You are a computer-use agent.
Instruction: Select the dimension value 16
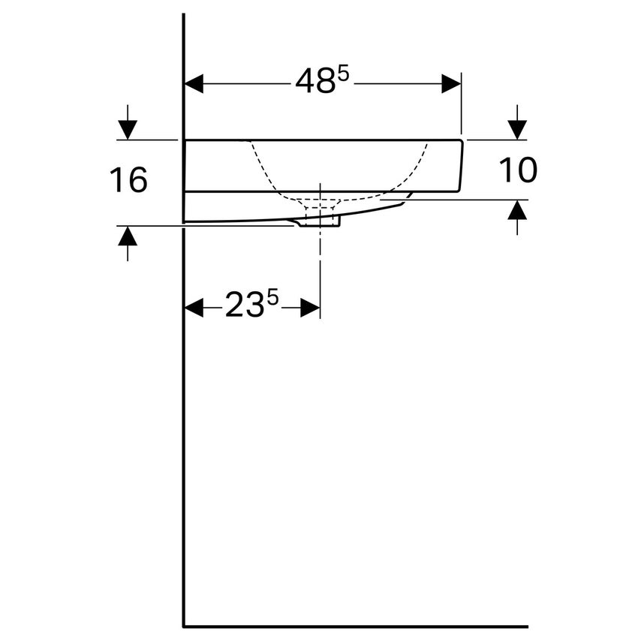(129, 181)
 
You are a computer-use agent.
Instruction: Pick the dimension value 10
(519, 171)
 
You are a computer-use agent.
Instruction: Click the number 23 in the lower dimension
(245, 306)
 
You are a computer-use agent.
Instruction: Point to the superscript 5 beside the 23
(272, 299)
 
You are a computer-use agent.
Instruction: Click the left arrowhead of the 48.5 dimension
(194, 83)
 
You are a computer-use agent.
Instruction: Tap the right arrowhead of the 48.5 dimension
(451, 83)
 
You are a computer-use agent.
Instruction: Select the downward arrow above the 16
(128, 128)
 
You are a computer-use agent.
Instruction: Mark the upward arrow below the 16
(128, 237)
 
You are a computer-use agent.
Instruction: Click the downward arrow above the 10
(517, 128)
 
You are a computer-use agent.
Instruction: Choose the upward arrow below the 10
(517, 212)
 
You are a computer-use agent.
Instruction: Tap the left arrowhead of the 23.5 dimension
(194, 307)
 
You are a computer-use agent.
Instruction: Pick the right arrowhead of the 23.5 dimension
(310, 307)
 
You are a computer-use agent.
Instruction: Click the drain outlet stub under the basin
(321, 221)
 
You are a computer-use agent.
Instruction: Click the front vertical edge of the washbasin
(462, 166)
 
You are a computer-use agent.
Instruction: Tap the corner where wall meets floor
(184, 625)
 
